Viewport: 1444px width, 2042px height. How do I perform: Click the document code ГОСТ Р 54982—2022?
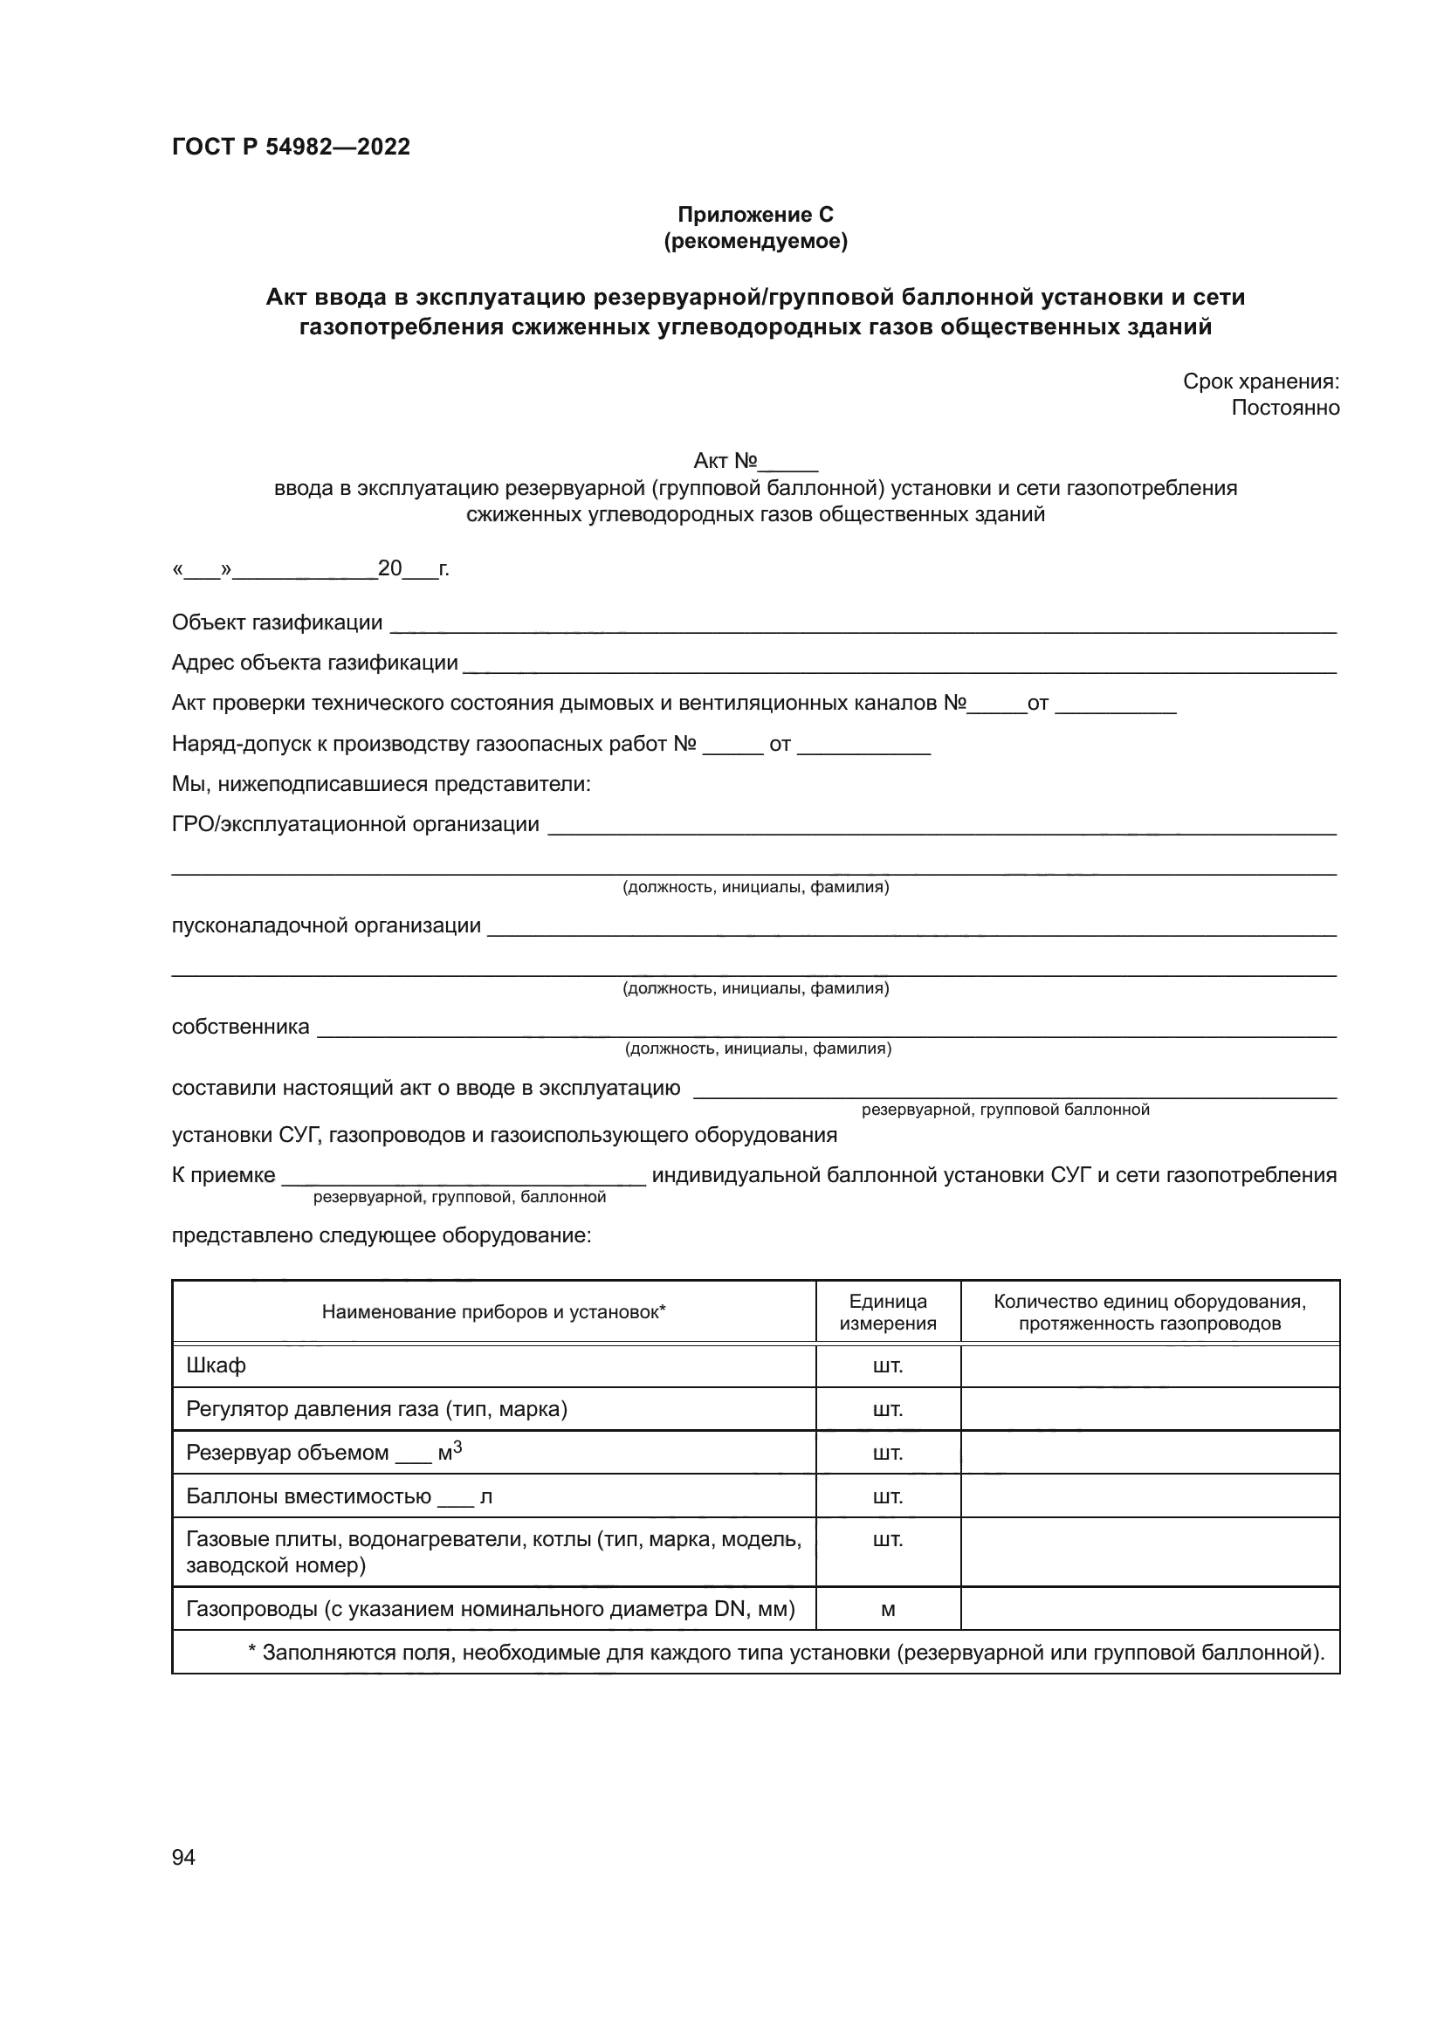tap(291, 147)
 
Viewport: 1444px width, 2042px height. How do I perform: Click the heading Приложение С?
tap(755, 215)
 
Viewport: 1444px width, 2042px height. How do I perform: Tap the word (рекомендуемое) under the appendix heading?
tap(755, 241)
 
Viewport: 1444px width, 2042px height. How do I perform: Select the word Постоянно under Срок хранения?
tap(1285, 408)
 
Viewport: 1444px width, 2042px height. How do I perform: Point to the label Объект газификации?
tap(277, 622)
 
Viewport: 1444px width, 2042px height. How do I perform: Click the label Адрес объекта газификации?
tap(315, 663)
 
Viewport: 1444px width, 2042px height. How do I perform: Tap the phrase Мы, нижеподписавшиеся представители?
tap(382, 785)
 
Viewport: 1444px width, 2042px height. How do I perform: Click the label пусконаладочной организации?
tap(327, 925)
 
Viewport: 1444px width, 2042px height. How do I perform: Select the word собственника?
tap(240, 1028)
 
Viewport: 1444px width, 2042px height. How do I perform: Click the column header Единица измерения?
tap(887, 1312)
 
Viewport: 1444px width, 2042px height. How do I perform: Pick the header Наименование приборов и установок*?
tap(493, 1312)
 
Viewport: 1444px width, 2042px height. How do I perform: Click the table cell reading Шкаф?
tap(216, 1365)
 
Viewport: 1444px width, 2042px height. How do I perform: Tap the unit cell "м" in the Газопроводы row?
tap(887, 1609)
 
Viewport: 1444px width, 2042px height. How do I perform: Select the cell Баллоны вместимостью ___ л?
tap(339, 1497)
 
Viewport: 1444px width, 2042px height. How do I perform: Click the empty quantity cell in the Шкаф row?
tap(1150, 1365)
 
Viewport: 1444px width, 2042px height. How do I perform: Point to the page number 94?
tap(183, 1857)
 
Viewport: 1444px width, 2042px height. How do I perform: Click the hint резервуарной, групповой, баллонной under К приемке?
tap(459, 1197)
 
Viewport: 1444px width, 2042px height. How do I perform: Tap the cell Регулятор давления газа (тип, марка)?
tap(376, 1409)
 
